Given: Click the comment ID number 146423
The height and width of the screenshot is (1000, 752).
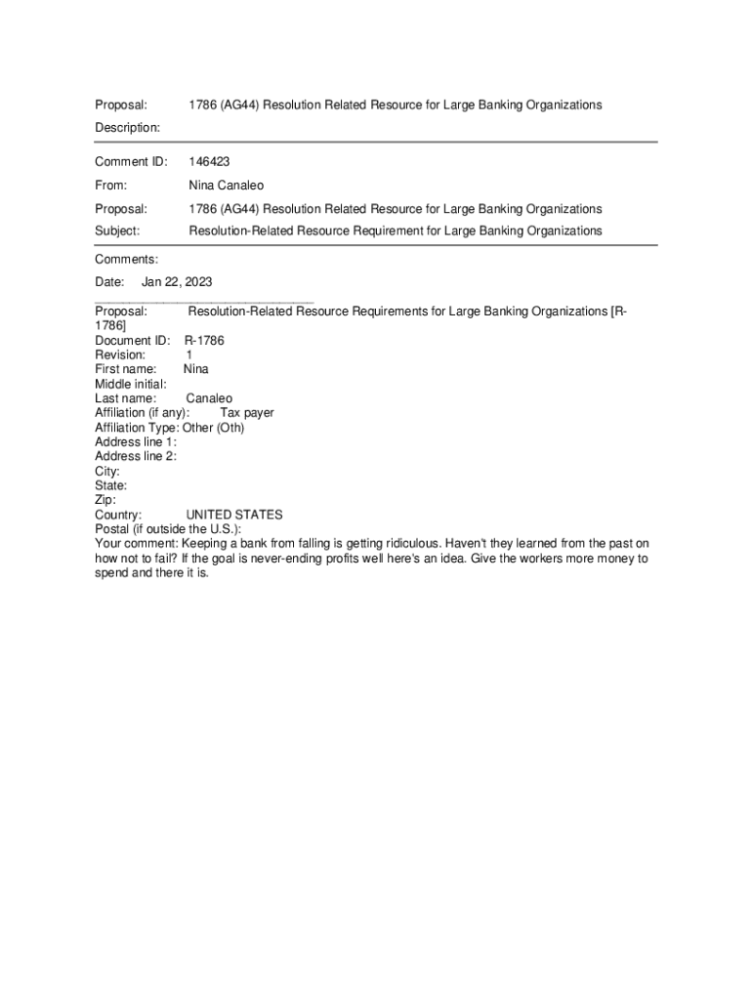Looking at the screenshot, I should (209, 161).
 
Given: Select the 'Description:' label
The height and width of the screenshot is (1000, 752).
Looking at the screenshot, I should (127, 127).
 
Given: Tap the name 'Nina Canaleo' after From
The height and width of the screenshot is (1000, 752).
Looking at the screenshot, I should (226, 185).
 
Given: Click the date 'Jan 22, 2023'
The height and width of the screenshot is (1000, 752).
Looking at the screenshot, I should (177, 282).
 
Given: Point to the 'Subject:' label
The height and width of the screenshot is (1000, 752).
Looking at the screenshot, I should (117, 230).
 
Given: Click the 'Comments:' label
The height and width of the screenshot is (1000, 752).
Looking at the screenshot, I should (126, 259).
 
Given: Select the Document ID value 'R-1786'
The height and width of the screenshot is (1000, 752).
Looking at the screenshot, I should (204, 341).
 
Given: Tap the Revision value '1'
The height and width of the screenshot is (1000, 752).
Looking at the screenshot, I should (189, 355).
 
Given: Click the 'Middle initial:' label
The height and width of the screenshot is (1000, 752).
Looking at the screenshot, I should (130, 384).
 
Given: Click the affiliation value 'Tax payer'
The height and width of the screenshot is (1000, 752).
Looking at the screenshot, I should (247, 413).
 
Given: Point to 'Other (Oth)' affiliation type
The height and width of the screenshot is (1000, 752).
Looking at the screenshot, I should (213, 428).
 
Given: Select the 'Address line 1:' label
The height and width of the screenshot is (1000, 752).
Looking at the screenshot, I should (136, 441).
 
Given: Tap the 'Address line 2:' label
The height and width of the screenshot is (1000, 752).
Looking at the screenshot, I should (136, 456).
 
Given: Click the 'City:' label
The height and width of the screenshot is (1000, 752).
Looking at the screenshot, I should (107, 471).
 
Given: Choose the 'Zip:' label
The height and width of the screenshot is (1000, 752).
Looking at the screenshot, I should (104, 500).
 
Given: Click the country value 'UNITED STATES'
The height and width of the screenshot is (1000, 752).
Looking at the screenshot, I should (234, 515).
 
